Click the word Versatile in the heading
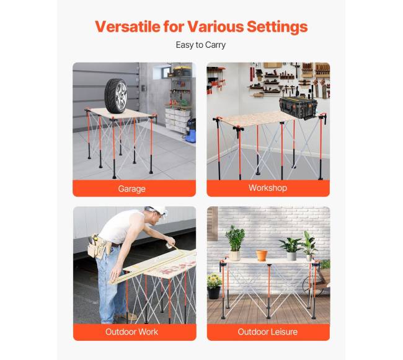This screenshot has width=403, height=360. (x=127, y=27)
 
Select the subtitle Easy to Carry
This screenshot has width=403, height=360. (x=201, y=45)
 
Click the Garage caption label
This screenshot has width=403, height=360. (x=132, y=189)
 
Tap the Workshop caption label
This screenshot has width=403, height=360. (x=268, y=188)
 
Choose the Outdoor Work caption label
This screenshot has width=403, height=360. (x=131, y=331)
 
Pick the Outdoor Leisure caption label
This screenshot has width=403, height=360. (x=268, y=331)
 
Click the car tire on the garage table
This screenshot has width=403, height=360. (x=116, y=96)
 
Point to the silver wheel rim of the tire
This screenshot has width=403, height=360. (x=121, y=96)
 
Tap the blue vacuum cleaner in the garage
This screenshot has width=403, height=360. (x=190, y=131)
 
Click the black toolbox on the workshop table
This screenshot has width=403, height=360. (x=298, y=108)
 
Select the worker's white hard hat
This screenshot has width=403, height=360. (x=156, y=210)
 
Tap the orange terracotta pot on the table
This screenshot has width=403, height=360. (x=262, y=255)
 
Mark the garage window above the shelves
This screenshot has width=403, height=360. (x=162, y=72)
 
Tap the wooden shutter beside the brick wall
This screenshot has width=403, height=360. (x=212, y=224)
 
